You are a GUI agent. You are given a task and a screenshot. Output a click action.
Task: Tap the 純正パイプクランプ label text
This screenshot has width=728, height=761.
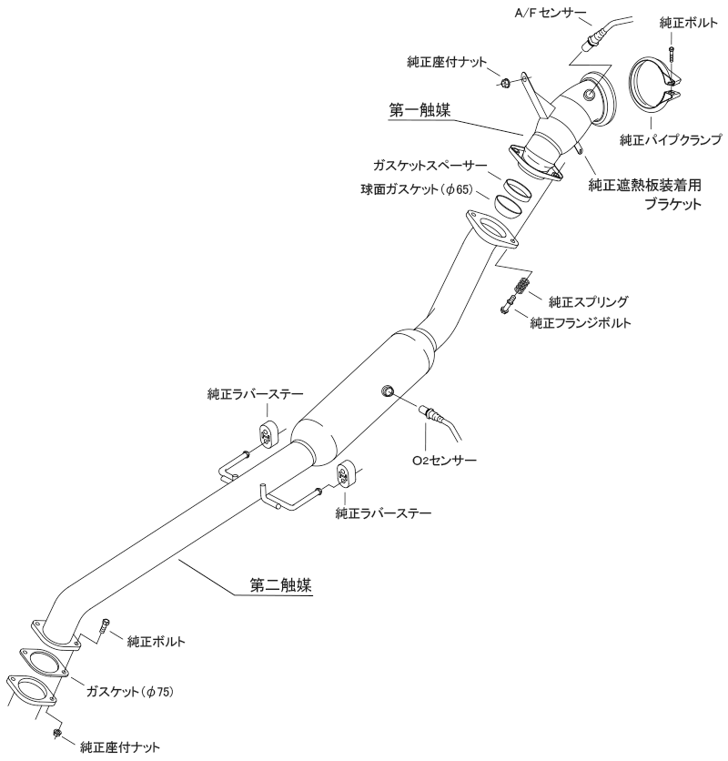click(x=670, y=139)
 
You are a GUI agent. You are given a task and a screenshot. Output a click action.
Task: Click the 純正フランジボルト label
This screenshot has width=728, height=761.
click(x=593, y=321)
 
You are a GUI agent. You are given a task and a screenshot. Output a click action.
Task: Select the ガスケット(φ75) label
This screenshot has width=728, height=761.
click(x=129, y=692)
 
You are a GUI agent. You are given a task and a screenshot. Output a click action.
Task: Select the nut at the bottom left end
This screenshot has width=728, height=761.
click(x=56, y=733)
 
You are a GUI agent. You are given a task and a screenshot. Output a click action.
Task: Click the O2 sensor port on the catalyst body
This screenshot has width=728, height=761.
click(x=387, y=391)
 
